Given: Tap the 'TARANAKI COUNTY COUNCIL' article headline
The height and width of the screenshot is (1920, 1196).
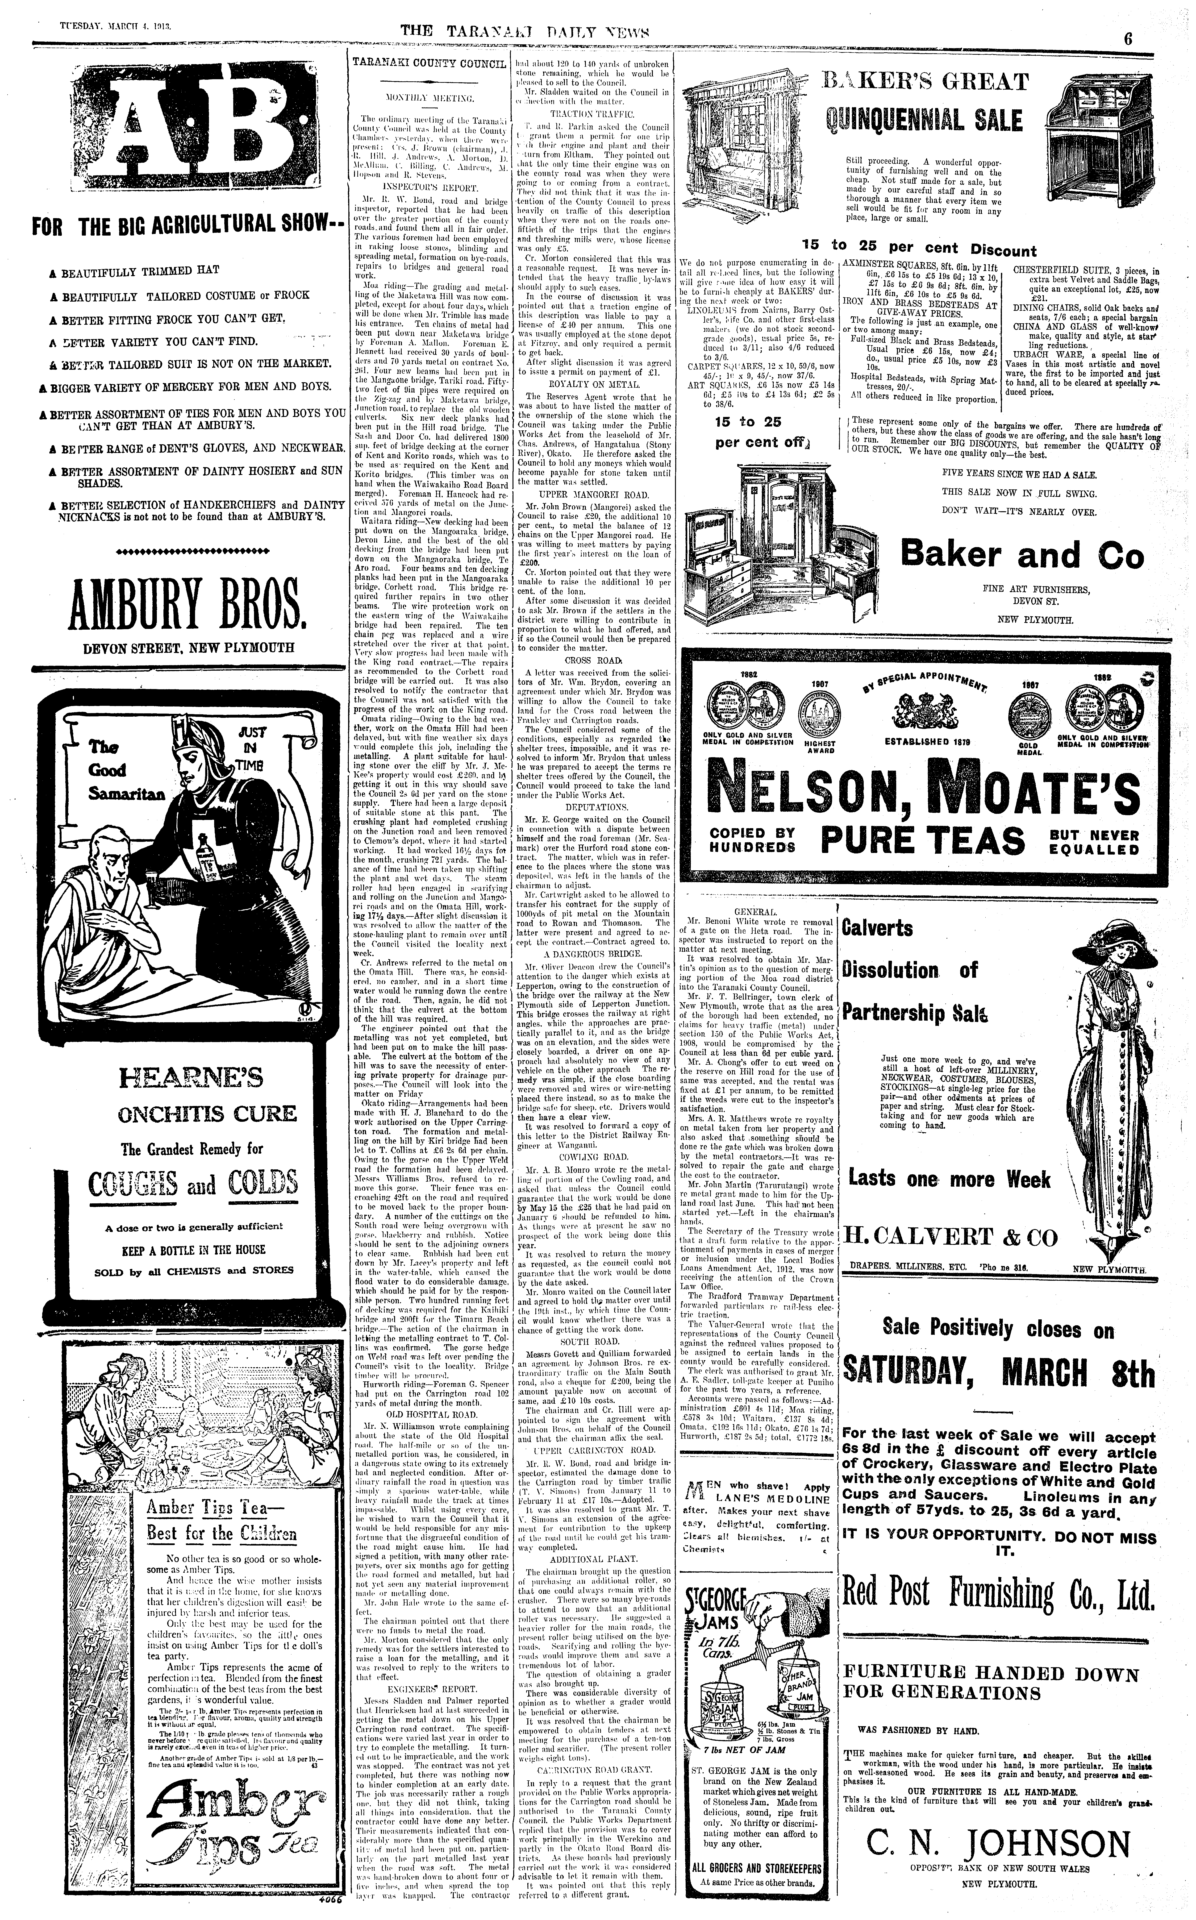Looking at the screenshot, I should click(x=428, y=62).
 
